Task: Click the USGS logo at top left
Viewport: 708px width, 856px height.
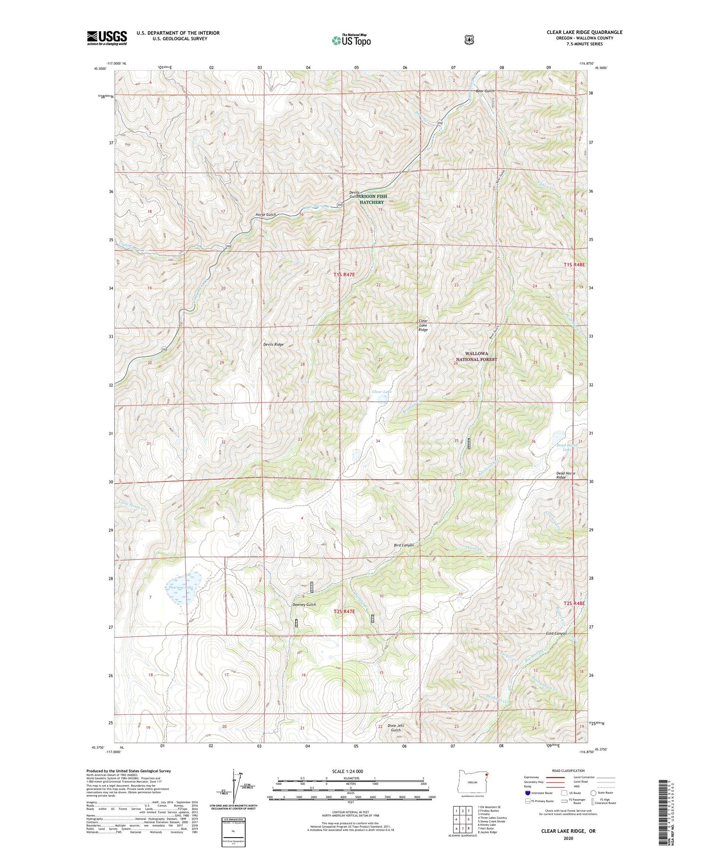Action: [x=107, y=38]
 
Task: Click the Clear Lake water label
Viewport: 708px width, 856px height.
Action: [x=381, y=392]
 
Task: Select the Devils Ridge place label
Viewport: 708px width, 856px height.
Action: [x=273, y=345]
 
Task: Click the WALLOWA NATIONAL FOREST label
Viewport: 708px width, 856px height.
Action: [x=476, y=356]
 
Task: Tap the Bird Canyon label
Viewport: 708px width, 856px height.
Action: [x=404, y=545]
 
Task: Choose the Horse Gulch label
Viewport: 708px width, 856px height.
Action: [x=265, y=215]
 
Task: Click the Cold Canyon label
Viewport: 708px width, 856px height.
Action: [x=556, y=634]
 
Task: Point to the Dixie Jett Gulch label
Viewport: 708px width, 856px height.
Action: [x=396, y=728]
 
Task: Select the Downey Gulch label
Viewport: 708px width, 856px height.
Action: [x=304, y=605]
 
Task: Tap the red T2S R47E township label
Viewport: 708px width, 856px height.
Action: [x=344, y=611]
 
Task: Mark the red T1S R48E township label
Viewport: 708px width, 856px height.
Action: [x=574, y=265]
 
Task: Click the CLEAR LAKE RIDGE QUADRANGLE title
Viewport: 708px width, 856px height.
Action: [x=584, y=32]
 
